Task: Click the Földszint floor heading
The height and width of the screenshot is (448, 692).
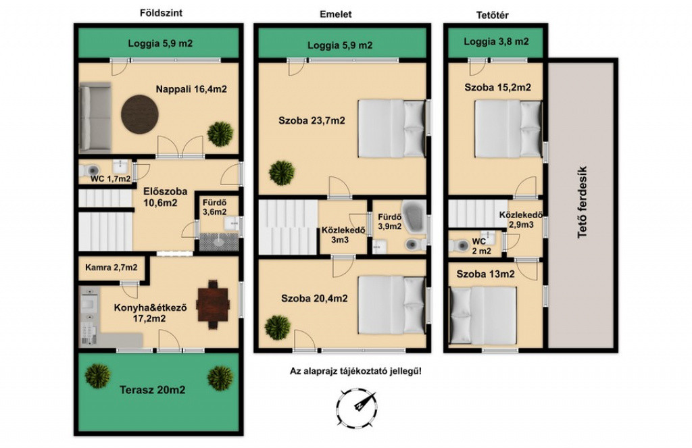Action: (161, 13)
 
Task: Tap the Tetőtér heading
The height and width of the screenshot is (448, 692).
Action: (492, 15)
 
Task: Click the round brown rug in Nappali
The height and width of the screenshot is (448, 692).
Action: (139, 114)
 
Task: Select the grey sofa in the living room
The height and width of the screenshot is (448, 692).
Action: (95, 118)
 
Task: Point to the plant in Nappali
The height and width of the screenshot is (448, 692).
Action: (220, 133)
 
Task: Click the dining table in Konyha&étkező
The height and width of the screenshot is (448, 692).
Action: (213, 305)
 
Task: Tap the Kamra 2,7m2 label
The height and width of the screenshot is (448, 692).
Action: (112, 268)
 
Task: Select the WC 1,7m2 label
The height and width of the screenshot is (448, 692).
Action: (110, 179)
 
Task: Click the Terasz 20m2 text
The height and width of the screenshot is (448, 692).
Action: (152, 390)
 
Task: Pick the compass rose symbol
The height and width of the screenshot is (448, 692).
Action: (357, 408)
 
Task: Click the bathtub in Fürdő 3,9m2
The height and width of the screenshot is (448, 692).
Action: (414, 216)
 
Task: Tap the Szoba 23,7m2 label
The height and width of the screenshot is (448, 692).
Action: (312, 120)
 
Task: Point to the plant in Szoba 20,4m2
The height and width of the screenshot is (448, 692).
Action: (278, 327)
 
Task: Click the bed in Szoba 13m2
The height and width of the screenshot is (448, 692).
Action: (483, 315)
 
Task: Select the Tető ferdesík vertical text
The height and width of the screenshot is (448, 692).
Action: (583, 202)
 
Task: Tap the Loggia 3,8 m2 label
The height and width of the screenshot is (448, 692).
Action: (496, 42)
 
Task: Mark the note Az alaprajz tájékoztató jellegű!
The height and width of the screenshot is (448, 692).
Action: (355, 371)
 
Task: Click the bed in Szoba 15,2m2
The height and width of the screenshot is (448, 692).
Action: (508, 129)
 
